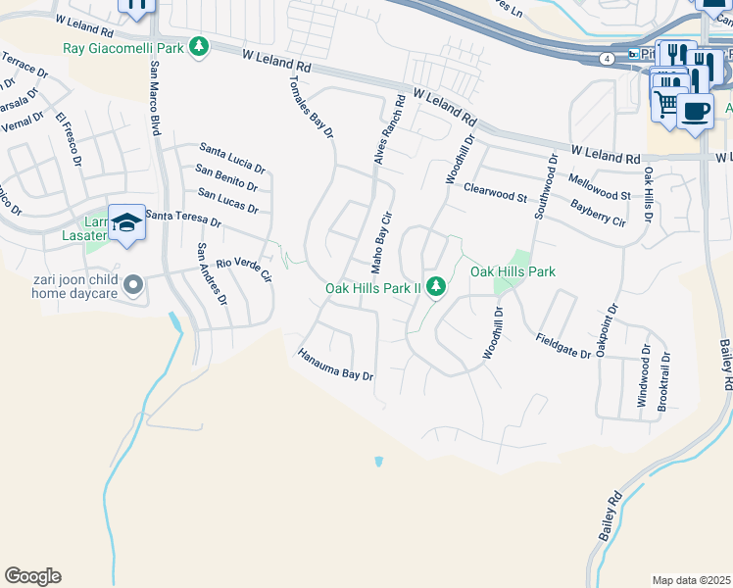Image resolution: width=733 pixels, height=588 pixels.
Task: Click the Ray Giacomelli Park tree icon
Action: (199, 46)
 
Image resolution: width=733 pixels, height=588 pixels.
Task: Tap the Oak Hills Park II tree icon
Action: (437, 287)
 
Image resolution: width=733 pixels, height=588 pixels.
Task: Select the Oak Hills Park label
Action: (513, 271)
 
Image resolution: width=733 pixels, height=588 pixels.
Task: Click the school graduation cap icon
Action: (126, 225)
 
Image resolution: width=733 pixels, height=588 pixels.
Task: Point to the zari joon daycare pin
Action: (134, 284)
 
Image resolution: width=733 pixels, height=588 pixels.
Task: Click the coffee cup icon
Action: (695, 111)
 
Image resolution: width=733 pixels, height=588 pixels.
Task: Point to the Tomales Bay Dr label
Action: (312, 104)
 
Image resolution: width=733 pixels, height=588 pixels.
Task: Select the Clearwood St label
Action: (495, 192)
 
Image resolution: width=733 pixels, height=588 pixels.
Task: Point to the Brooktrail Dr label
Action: (663, 381)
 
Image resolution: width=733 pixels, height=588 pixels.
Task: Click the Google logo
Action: (32, 576)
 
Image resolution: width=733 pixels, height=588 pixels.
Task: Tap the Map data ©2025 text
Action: (691, 580)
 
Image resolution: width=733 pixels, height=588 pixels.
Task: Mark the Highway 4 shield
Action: (609, 60)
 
